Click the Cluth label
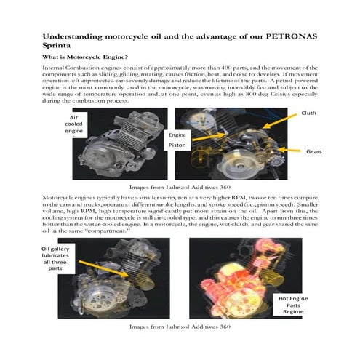pyautogui.click(x=309, y=113)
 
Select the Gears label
pyautogui.click(x=314, y=151)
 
